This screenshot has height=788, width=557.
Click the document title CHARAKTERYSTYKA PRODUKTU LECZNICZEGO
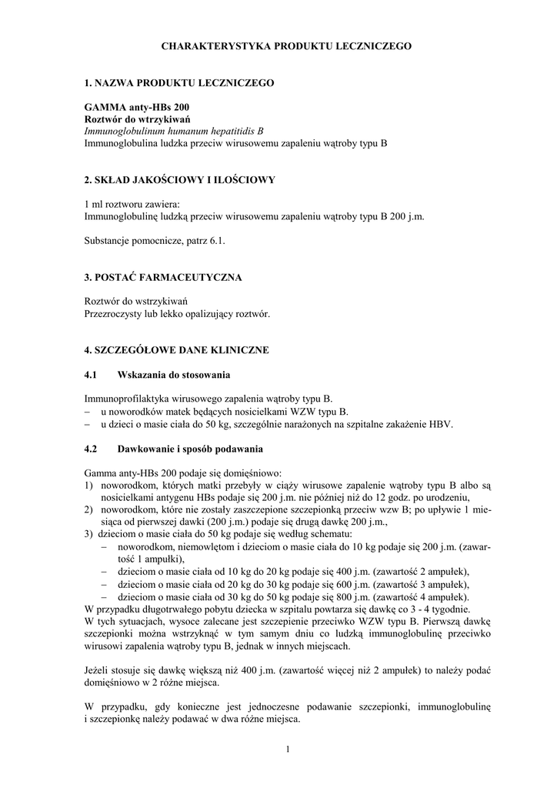[286, 46]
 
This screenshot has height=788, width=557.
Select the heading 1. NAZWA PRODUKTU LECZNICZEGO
[178, 82]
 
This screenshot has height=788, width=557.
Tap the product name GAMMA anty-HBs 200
[136, 107]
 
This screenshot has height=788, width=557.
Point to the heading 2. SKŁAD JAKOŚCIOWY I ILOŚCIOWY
[179, 179]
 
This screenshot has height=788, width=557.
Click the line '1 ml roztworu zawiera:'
[132, 204]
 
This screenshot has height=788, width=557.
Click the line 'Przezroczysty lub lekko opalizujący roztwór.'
[177, 313]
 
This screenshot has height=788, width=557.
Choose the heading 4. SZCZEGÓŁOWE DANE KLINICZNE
[176, 349]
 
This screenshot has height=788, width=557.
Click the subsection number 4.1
[91, 374]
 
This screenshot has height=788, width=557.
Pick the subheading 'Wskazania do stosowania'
[174, 374]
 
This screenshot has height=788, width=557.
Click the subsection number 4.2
[91, 448]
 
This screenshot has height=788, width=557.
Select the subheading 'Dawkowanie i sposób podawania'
[190, 448]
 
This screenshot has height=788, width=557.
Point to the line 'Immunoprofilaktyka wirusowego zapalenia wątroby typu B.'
[208, 399]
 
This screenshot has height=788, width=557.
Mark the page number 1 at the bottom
[286, 750]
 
